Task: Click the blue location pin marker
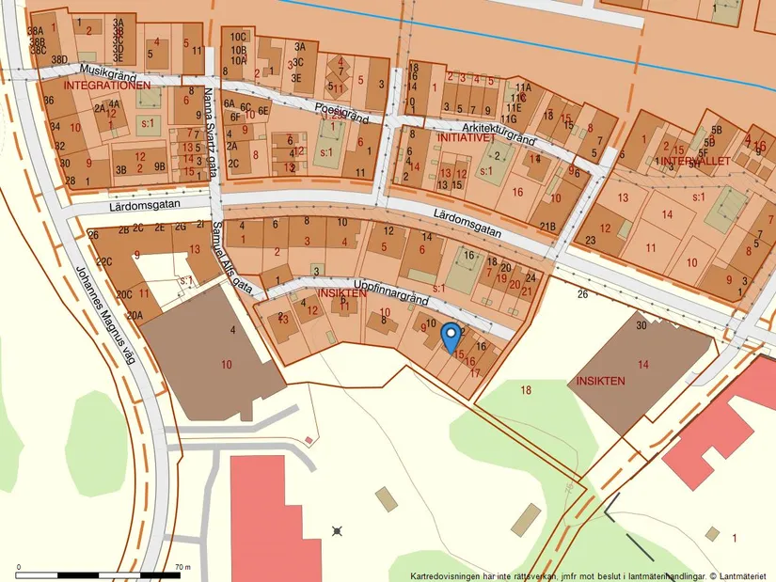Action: [x=451, y=334]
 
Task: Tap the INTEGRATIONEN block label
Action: [x=107, y=86]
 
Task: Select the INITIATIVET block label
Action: [x=467, y=137]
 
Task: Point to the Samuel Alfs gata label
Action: [x=231, y=255]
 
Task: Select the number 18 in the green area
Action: [x=525, y=389]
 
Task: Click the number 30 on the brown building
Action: [x=641, y=325]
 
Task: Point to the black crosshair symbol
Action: [x=337, y=531]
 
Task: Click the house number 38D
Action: [x=59, y=60]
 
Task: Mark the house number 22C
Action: [x=104, y=261]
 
